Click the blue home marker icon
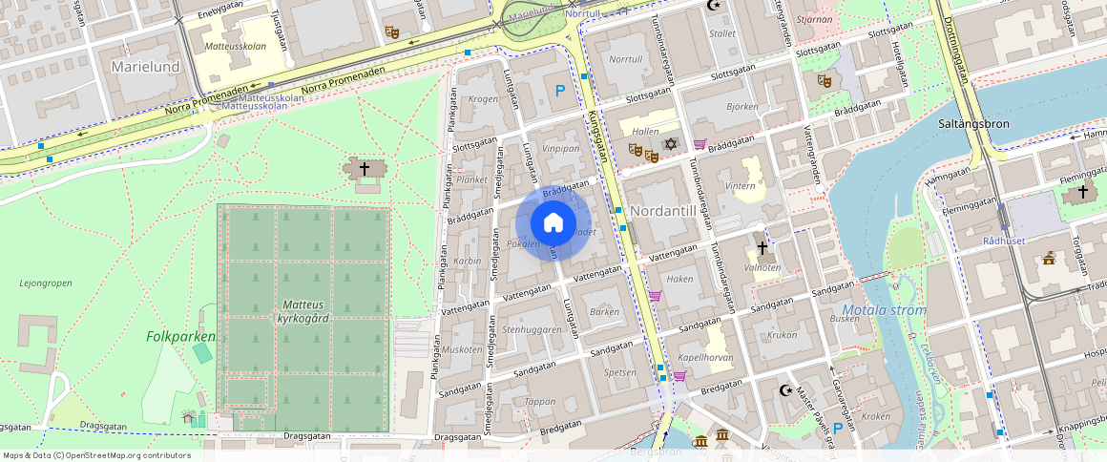[x=553, y=223]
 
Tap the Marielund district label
[x=145, y=67]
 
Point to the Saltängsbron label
[x=972, y=124]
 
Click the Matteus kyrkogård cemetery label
[x=303, y=311]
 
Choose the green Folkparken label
[x=180, y=337]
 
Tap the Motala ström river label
[x=885, y=310]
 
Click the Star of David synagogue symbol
[x=670, y=143]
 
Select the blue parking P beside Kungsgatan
[x=560, y=91]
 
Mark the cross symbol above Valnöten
[x=762, y=248]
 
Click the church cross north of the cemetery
[x=364, y=169]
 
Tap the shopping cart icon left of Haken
[x=655, y=296]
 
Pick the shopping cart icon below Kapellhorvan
[x=679, y=376]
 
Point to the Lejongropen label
[x=45, y=283]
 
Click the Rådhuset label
[x=1004, y=241]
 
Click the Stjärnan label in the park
[x=814, y=18]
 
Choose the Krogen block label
[x=484, y=99]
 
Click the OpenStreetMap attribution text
[x=96, y=455]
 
